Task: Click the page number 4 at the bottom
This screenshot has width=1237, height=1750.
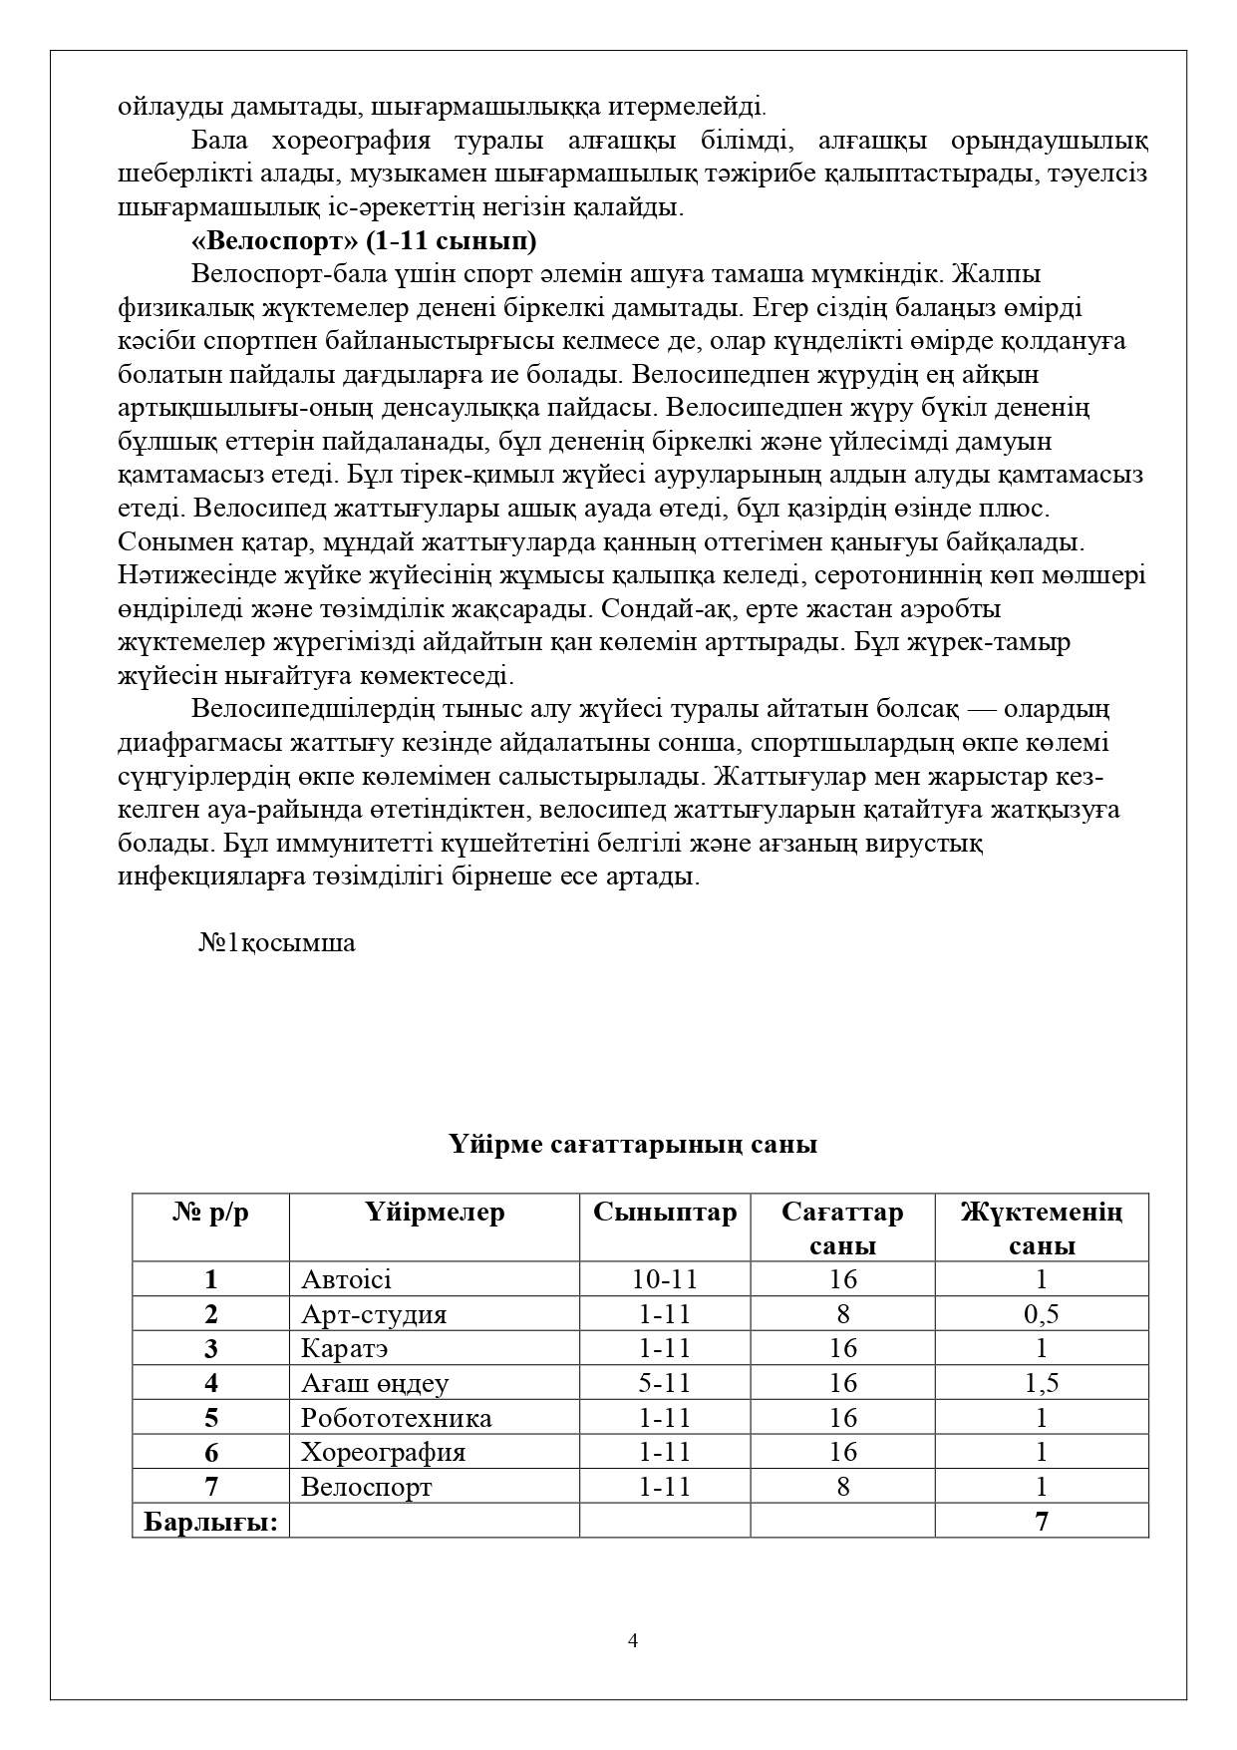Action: coord(633,1641)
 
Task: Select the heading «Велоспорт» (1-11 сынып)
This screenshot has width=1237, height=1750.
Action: coord(363,241)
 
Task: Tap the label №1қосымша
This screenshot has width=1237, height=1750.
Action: coord(276,942)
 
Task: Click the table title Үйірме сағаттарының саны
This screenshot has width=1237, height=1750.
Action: coord(633,1144)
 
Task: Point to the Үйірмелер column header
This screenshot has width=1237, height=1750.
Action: coord(435,1212)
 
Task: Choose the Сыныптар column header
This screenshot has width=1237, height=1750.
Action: coord(665,1212)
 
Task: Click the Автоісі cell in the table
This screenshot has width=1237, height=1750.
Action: coord(347,1279)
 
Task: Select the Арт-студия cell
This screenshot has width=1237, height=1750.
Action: coord(374,1314)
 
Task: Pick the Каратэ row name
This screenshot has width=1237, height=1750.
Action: coord(345,1348)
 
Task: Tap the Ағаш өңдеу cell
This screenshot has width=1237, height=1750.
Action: coord(375,1383)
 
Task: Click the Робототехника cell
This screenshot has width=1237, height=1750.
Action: coord(397,1418)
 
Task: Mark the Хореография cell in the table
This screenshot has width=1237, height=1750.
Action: coord(384,1452)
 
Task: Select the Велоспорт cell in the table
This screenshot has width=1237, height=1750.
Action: coord(367,1487)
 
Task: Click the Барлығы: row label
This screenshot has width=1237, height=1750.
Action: coord(210,1522)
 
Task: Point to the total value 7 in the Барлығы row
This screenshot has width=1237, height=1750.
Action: coord(1042,1522)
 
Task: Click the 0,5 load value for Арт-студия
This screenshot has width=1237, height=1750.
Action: coord(1042,1314)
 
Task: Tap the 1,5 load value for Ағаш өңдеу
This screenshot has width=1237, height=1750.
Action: coord(1042,1383)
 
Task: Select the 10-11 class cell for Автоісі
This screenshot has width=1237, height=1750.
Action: coord(665,1279)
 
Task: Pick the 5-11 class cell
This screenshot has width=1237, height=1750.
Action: coord(665,1383)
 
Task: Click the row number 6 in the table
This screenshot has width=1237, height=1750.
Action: coord(210,1452)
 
